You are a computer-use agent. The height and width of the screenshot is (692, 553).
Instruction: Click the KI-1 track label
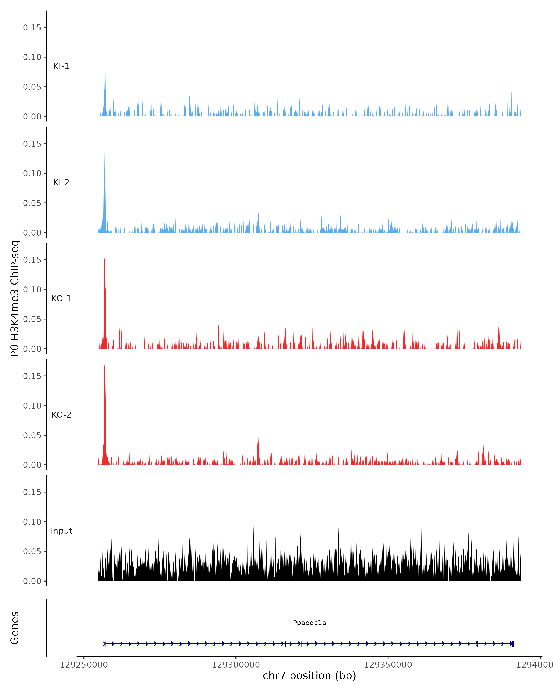(x=61, y=66)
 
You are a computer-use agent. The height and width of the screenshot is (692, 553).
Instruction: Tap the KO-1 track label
(x=61, y=298)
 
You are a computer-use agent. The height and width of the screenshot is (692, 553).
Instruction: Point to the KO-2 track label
(x=61, y=415)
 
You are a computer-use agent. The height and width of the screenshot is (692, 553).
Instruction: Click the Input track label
(x=61, y=531)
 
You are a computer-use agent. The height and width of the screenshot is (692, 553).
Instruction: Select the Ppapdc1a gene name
(x=309, y=623)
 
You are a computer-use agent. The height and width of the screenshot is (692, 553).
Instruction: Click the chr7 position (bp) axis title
(x=309, y=676)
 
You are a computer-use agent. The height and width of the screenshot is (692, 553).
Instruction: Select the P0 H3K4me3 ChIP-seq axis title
(x=15, y=298)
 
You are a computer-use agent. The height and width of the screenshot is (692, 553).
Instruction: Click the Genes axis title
(x=15, y=628)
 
